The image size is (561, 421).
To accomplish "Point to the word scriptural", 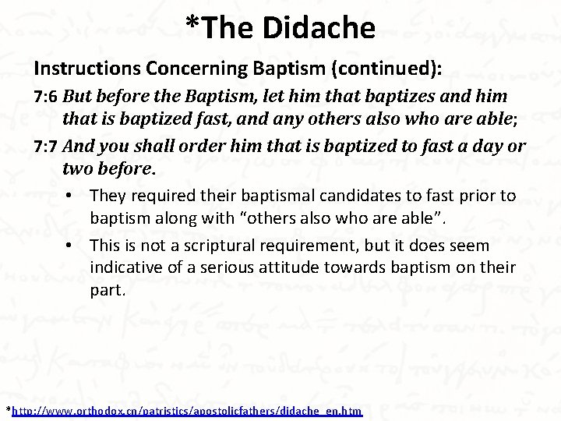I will tap(219, 246).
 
